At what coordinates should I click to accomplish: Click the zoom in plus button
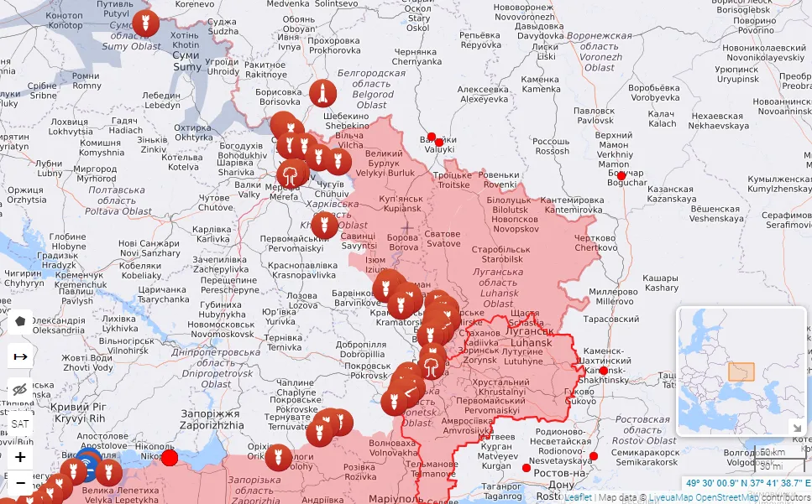click(20, 458)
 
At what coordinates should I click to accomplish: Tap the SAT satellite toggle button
click(20, 424)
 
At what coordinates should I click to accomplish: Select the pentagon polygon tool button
click(20, 321)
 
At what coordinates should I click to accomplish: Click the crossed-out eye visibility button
click(20, 389)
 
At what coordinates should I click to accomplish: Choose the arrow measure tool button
click(20, 356)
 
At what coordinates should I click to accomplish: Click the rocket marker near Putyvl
click(144, 23)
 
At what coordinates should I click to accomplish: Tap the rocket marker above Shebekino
click(322, 93)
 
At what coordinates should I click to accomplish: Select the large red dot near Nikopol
click(170, 457)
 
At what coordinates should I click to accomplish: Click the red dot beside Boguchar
click(621, 176)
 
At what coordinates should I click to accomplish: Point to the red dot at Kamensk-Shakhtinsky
click(603, 371)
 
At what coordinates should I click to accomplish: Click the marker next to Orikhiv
click(278, 458)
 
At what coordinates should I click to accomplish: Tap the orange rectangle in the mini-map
click(741, 372)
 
